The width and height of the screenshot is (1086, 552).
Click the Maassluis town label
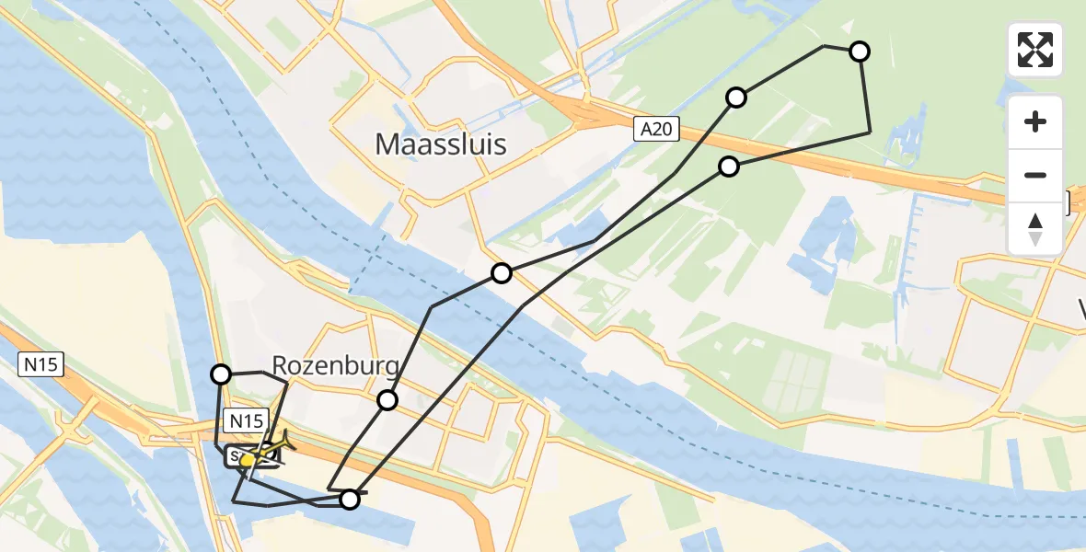(x=441, y=144)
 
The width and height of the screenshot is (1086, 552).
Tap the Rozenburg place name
(x=336, y=367)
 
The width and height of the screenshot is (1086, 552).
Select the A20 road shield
(x=656, y=131)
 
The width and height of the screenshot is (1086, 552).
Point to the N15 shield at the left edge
(x=40, y=365)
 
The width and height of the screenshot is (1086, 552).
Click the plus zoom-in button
(x=1035, y=121)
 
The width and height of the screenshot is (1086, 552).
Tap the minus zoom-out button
(x=1035, y=175)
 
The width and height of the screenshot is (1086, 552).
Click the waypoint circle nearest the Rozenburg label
(x=387, y=400)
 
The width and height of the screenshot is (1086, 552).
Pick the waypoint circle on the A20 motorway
(x=729, y=167)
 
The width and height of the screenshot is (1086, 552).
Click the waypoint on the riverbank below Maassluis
(x=502, y=273)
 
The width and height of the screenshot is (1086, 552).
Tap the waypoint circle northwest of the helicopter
(x=221, y=374)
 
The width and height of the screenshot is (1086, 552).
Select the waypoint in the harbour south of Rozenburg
(x=350, y=500)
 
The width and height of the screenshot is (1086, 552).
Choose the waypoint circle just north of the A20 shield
(x=736, y=98)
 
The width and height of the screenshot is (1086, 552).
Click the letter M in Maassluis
(x=387, y=144)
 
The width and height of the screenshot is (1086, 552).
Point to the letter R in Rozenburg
(x=280, y=367)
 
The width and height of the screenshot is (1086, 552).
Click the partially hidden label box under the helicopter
(x=237, y=456)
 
